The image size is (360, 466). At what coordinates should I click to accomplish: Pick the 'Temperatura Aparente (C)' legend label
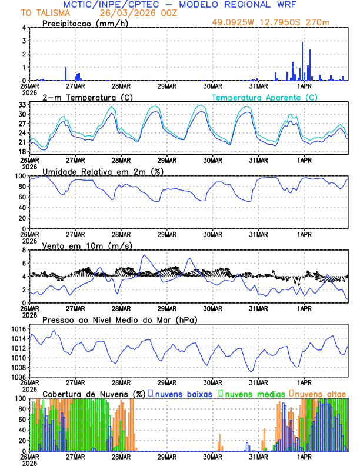click(265, 97)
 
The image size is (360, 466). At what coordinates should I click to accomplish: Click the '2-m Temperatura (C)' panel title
click(83, 97)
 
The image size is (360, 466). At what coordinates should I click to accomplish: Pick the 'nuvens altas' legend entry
click(321, 393)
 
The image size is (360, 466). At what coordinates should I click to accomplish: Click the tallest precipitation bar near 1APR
click(302, 61)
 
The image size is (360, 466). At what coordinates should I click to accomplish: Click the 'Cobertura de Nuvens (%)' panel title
click(94, 393)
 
